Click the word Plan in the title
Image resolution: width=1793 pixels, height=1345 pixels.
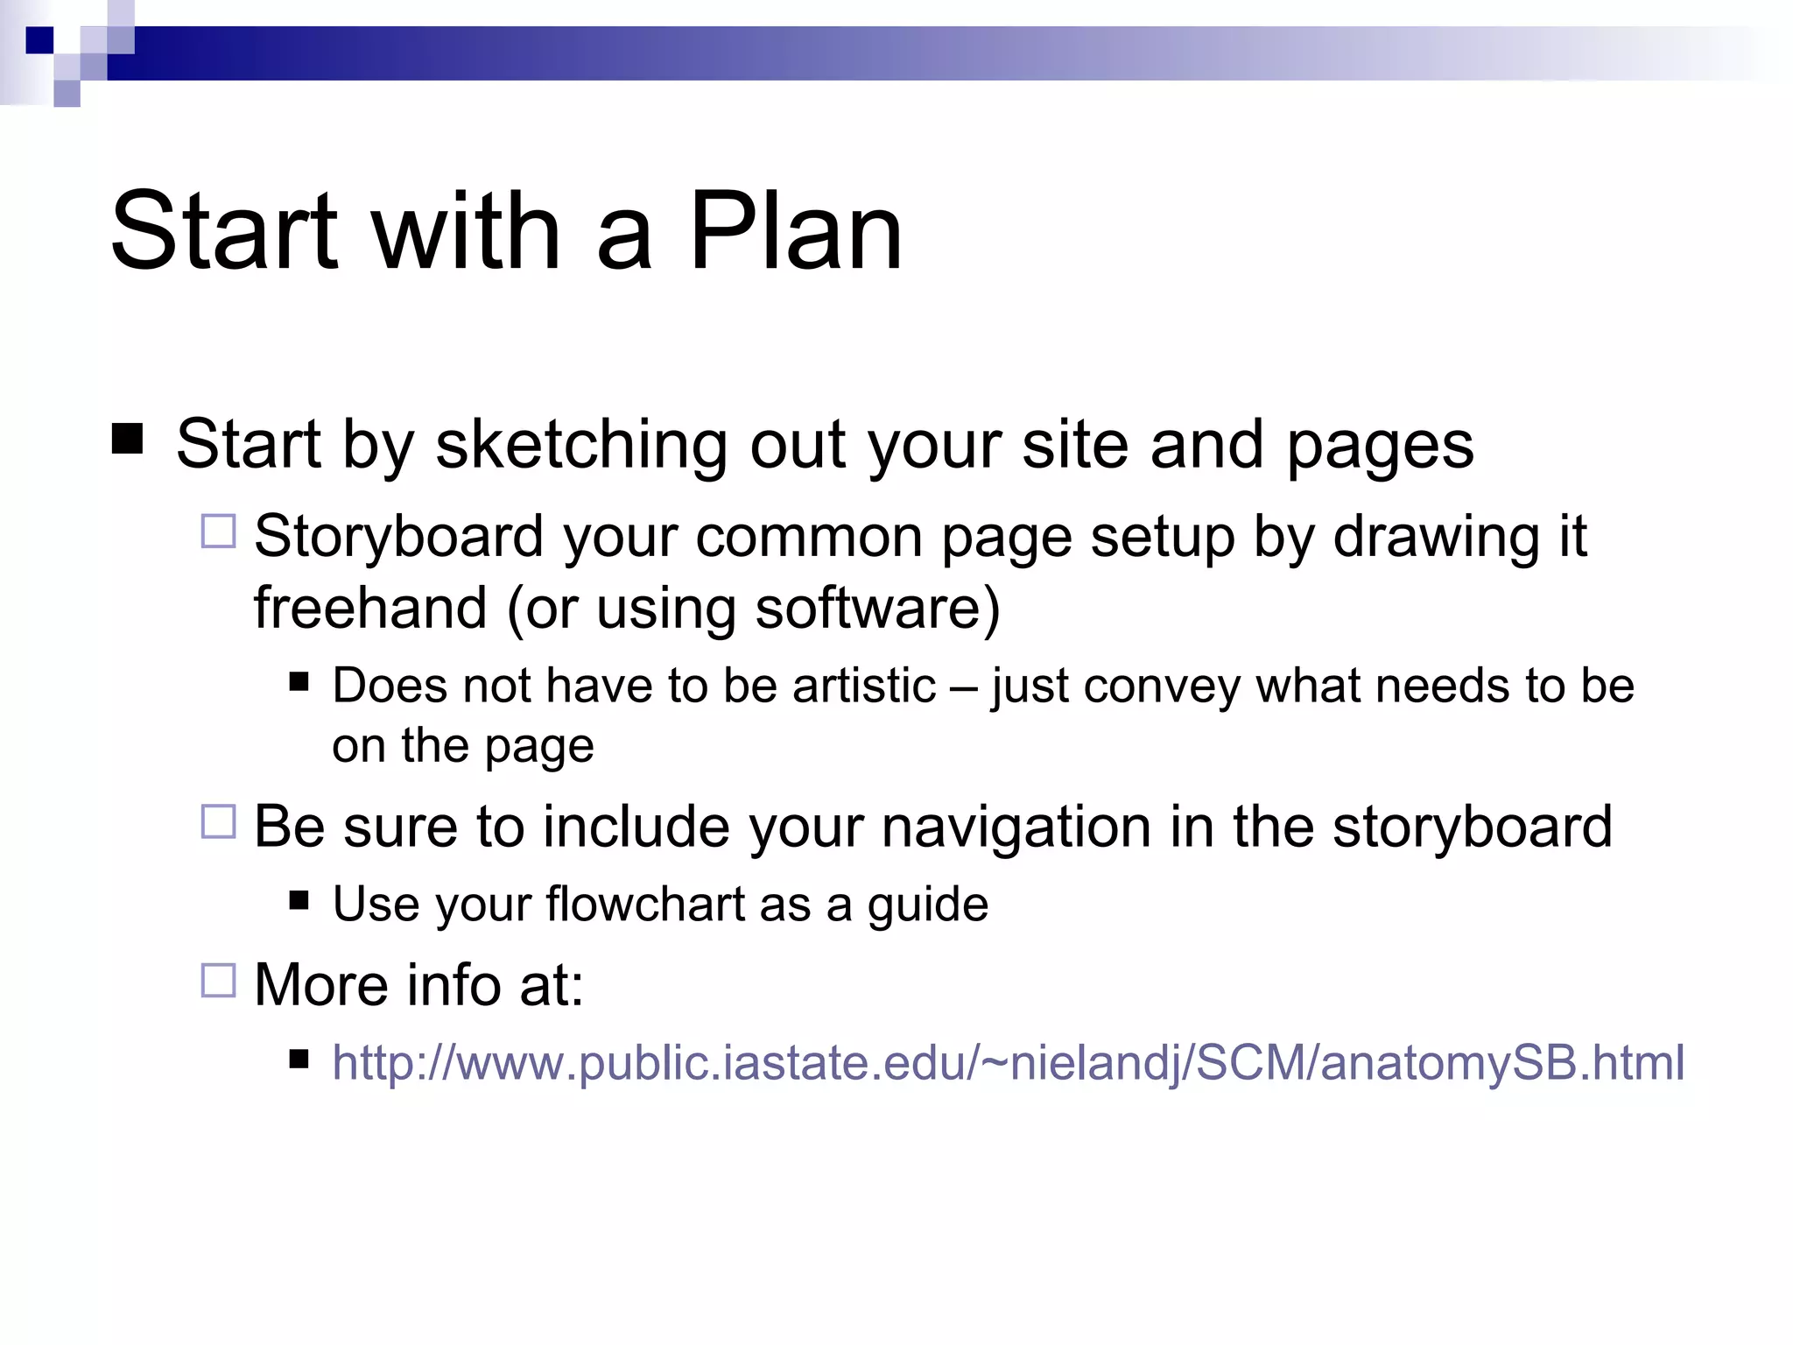pos(794,232)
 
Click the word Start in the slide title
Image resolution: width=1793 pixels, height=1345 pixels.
pos(223,232)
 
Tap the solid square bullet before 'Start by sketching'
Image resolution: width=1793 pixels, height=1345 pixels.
pos(128,439)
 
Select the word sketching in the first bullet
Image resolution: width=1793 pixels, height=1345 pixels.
pos(580,446)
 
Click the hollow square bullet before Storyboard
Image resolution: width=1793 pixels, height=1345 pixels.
pos(218,532)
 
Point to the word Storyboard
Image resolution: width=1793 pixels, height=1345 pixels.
pos(398,537)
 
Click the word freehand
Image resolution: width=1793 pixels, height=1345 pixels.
pos(369,608)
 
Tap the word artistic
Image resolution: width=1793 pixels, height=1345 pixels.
pos(863,686)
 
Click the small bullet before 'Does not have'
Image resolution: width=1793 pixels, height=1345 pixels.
pos(299,681)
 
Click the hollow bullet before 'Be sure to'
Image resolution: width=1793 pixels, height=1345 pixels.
pos(218,821)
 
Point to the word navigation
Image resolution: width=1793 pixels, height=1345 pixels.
pos(1016,827)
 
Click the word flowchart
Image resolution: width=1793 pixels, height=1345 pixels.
pos(645,904)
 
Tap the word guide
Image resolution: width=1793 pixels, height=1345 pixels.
pos(927,905)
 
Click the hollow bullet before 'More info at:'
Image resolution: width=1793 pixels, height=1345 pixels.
pos(218,980)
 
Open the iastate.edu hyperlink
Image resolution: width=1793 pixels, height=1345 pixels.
pos(1007,1063)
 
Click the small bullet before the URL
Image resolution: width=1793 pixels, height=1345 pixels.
pos(299,1060)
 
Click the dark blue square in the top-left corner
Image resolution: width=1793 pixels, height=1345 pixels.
pos(39,40)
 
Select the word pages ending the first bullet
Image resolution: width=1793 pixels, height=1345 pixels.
pos(1380,446)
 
